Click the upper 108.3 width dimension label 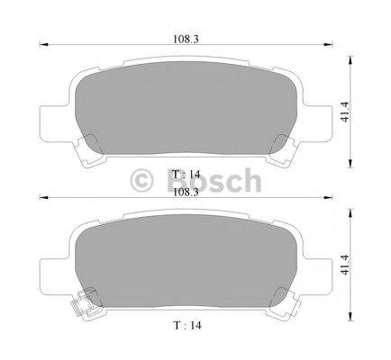click(186, 39)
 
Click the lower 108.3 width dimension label click(186, 193)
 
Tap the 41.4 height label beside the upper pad click(345, 112)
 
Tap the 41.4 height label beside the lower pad click(345, 265)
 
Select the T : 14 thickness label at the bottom click(186, 325)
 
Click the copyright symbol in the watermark click(141, 181)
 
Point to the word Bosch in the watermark click(214, 180)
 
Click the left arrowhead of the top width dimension click(43, 45)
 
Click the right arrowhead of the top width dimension click(329, 45)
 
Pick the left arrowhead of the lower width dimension click(43, 197)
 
